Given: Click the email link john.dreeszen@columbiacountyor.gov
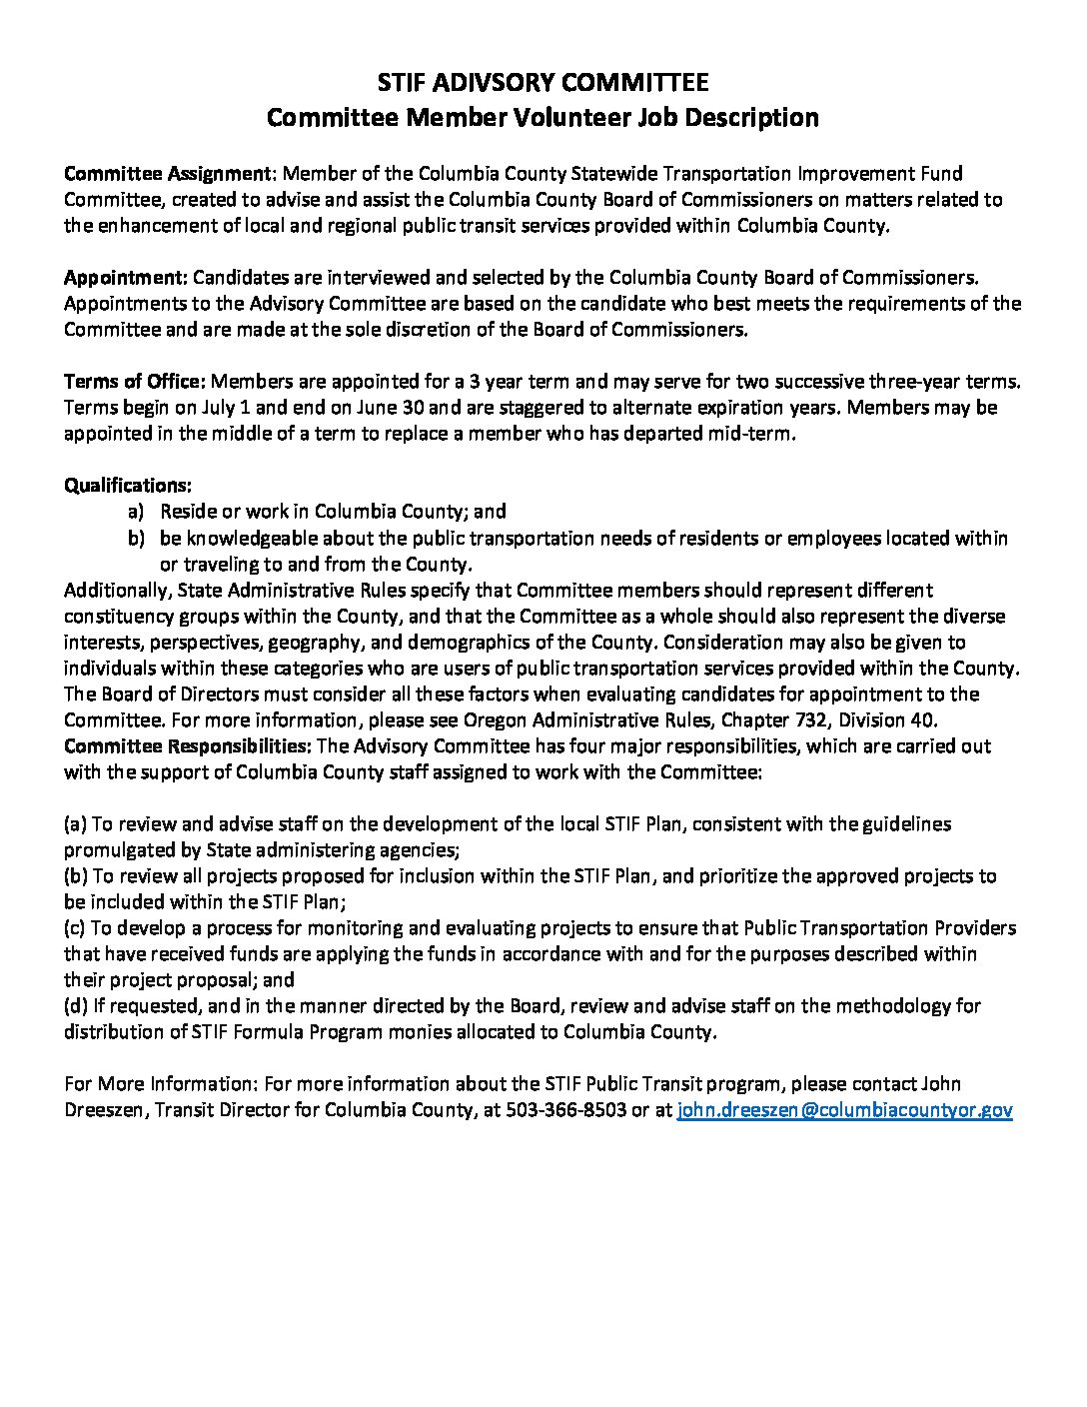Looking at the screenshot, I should click(844, 1110).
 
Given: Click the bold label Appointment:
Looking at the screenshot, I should click(126, 277).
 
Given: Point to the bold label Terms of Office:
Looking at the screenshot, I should click(135, 382).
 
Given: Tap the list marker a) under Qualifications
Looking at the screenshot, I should click(136, 512).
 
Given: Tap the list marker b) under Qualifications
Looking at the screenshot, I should click(136, 538).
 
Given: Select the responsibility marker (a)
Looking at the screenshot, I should click(75, 824).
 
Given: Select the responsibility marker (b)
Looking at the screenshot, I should click(76, 876).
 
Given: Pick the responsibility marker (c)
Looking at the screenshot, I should click(75, 928).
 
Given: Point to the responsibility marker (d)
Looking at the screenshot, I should click(76, 1006).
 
